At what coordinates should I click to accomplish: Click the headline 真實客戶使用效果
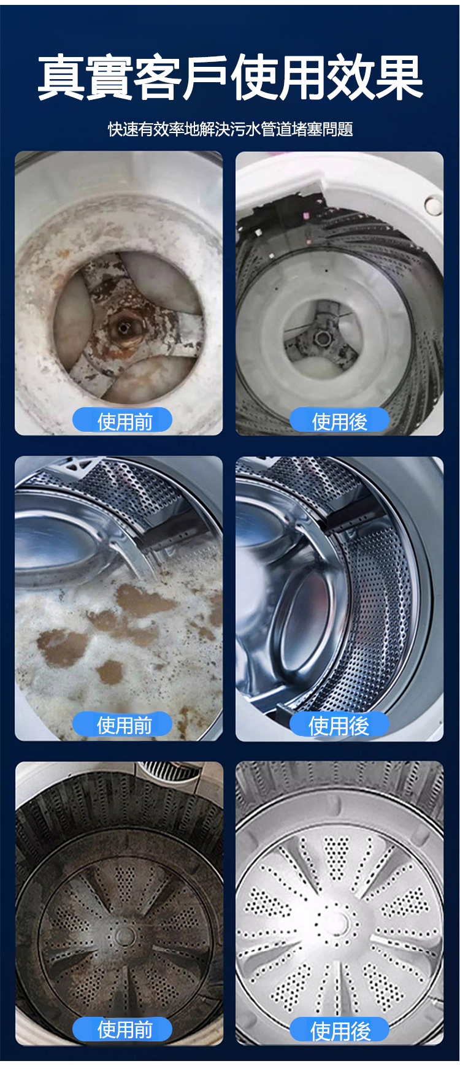click(x=230, y=77)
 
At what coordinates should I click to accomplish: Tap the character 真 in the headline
click(x=61, y=77)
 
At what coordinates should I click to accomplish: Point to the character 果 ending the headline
click(x=399, y=77)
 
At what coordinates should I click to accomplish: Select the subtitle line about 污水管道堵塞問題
click(x=231, y=129)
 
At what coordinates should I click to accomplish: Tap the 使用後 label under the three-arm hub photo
click(x=339, y=421)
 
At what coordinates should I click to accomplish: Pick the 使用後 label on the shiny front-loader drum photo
click(x=339, y=726)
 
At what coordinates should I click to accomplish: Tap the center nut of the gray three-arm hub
click(x=321, y=336)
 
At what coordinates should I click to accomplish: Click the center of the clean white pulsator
click(x=337, y=919)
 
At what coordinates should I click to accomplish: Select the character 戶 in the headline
click(x=205, y=77)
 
